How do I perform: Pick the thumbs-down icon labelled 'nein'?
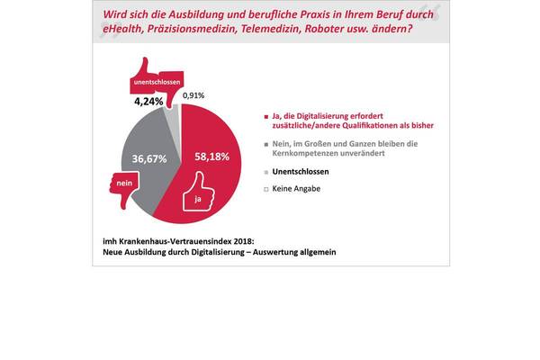click(124, 189)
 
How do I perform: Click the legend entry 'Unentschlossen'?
click(300, 170)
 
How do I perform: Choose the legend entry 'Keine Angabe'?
click(296, 189)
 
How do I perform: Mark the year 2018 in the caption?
click(249, 241)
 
